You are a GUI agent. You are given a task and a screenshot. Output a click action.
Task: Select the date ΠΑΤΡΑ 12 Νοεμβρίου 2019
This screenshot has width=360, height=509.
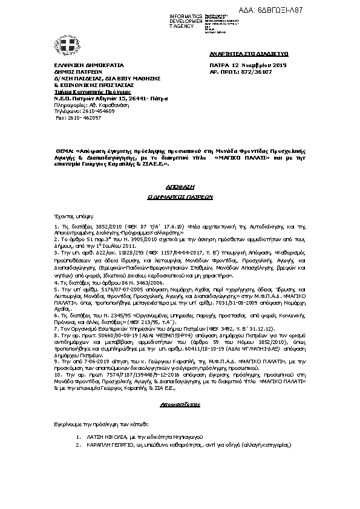248,65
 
